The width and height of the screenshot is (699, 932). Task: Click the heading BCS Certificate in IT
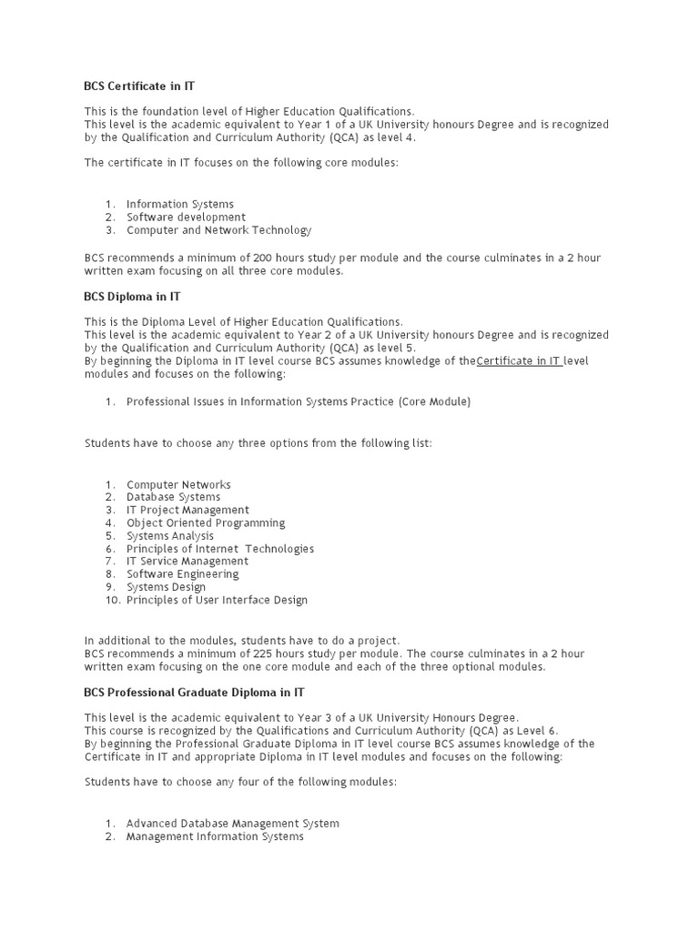[x=139, y=86]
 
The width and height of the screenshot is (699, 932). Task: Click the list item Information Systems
[x=179, y=204]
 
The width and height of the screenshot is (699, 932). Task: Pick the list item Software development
[x=186, y=218]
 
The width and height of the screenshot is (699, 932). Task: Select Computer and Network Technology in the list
[x=218, y=230]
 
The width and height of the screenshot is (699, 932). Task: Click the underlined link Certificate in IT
[x=519, y=361]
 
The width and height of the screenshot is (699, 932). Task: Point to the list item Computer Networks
[x=178, y=485]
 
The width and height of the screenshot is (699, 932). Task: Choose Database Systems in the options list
[x=173, y=498]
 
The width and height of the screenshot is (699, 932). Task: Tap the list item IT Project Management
[x=187, y=511]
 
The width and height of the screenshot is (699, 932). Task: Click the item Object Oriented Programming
[x=206, y=523]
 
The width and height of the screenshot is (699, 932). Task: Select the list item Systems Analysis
[x=170, y=536]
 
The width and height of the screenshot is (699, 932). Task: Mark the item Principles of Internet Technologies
[x=220, y=549]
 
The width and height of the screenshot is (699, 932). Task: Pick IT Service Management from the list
[x=182, y=562]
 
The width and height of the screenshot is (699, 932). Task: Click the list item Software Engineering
[x=182, y=574]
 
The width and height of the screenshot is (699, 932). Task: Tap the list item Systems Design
[x=167, y=587]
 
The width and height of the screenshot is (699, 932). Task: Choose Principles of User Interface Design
[x=217, y=600]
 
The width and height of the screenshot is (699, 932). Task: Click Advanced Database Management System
[x=232, y=824]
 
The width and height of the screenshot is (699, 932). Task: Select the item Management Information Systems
[x=215, y=836]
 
